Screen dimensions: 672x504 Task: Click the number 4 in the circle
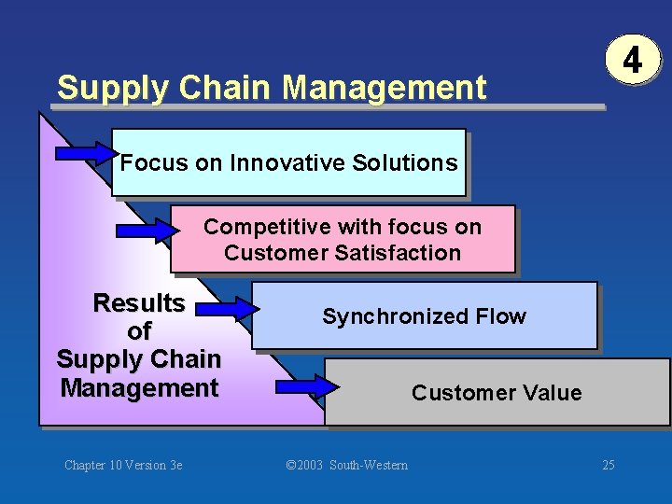632,62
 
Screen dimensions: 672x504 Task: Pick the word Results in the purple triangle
139,303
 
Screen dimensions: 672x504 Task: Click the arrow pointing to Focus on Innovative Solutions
87,151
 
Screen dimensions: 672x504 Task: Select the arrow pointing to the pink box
145,226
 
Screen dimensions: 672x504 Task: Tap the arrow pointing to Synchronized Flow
232,306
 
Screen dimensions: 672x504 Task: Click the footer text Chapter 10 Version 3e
123,465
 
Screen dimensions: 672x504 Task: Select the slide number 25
609,465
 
